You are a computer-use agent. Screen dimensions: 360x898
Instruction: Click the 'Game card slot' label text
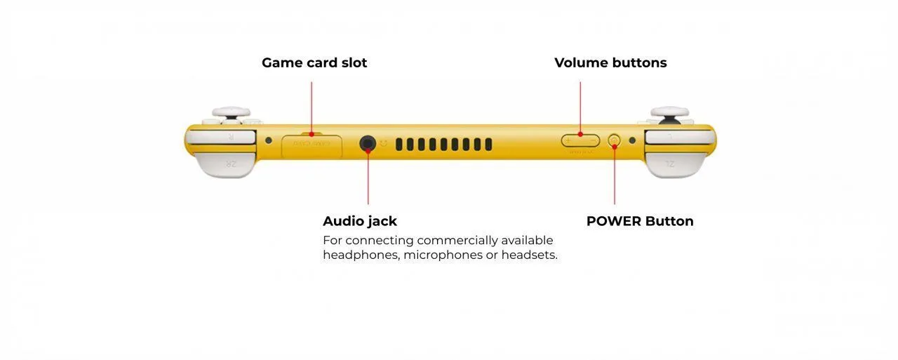tap(314, 62)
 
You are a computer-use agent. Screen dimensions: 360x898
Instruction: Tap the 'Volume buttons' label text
tap(610, 62)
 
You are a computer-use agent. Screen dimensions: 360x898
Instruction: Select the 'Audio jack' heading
tap(360, 221)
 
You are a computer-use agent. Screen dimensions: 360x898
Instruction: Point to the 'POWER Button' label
tap(640, 221)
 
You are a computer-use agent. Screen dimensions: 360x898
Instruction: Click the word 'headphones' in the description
tap(361, 255)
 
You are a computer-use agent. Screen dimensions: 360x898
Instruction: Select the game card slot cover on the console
tap(312, 145)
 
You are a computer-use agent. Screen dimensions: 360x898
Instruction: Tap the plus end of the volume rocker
tap(569, 140)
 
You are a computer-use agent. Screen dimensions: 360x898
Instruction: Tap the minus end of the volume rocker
tap(592, 140)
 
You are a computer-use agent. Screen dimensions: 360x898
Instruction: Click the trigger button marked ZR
tap(225, 164)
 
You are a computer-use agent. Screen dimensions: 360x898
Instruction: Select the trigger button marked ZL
tap(673, 164)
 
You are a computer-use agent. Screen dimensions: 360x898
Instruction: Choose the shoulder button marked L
tap(677, 136)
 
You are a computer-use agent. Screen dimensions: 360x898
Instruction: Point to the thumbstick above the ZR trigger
tap(231, 112)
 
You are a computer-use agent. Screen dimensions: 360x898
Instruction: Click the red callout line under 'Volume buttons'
tap(580, 105)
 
